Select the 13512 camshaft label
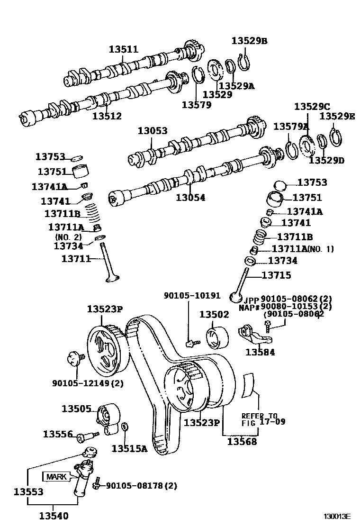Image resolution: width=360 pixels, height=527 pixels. coord(107,116)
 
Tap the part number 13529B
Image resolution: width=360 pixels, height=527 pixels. coord(249,41)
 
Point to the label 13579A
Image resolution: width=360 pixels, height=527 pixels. coord(291,127)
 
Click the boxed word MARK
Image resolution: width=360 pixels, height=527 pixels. coord(55,476)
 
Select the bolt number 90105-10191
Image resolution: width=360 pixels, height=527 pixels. coord(192,296)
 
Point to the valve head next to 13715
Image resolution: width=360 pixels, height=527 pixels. coord(235,297)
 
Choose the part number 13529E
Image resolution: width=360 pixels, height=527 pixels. coord(336,116)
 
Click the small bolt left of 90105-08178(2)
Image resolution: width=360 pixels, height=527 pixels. coord(96,483)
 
